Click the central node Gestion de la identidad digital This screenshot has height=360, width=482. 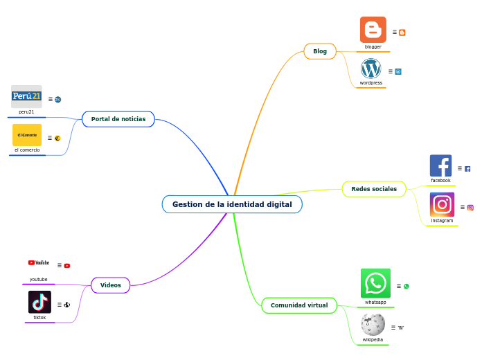click(x=232, y=204)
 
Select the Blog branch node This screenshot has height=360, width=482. click(x=320, y=51)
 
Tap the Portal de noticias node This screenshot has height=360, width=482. click(x=118, y=119)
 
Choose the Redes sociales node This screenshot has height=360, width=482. click(x=374, y=189)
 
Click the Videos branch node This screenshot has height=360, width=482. click(x=111, y=285)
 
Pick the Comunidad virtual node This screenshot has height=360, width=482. click(x=299, y=305)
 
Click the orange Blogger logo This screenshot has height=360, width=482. click(x=373, y=30)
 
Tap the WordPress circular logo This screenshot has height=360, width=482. click(x=371, y=69)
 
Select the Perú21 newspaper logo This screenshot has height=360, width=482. click(x=27, y=96)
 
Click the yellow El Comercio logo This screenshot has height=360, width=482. click(x=27, y=135)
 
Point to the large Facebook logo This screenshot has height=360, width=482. click(x=440, y=166)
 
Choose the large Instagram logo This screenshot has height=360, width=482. click(x=442, y=205)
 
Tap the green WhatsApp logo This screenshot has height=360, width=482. click(x=375, y=283)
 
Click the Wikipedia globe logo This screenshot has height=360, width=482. click(x=373, y=324)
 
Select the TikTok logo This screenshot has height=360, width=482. click(x=39, y=302)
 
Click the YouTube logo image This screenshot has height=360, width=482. click(x=39, y=263)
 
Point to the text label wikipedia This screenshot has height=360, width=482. click(x=373, y=340)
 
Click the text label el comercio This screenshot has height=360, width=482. click(x=27, y=150)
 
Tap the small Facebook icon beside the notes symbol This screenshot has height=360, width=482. click(x=467, y=169)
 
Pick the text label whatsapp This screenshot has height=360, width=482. click(x=375, y=303)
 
